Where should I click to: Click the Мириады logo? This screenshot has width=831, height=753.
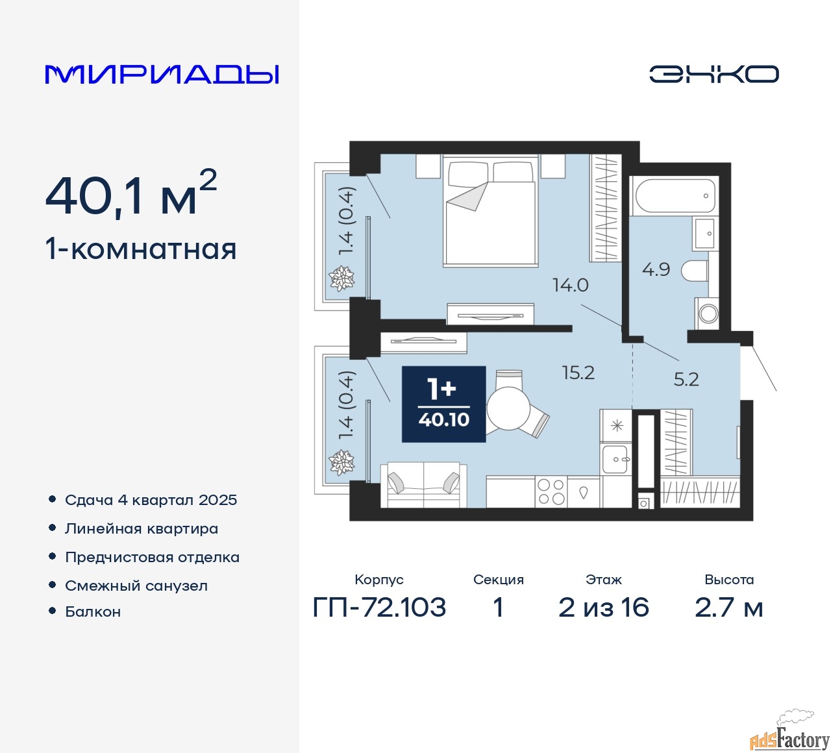click(x=162, y=75)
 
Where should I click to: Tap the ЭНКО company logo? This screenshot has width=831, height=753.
click(x=713, y=74)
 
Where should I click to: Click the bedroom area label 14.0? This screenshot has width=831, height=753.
click(x=571, y=285)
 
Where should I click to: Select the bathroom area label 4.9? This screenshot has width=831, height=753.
click(x=656, y=269)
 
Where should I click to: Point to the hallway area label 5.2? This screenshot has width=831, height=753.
click(x=686, y=379)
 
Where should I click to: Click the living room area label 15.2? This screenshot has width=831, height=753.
click(x=578, y=373)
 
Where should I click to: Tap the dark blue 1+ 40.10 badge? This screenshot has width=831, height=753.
click(x=443, y=404)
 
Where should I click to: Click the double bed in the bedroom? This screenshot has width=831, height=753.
click(x=490, y=210)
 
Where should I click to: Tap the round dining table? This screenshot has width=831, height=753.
click(x=508, y=408)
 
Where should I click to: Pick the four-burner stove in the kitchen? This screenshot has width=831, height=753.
click(x=551, y=493)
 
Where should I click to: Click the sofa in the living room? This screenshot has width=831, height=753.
click(x=423, y=485)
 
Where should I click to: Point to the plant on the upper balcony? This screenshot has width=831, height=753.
click(x=341, y=278)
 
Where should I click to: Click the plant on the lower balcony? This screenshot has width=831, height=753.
click(x=341, y=462)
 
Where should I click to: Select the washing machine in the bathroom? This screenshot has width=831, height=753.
click(x=708, y=314)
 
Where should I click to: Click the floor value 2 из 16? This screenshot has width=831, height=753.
click(x=604, y=608)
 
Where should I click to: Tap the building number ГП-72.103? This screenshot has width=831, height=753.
click(x=379, y=608)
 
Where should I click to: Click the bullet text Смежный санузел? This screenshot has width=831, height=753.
click(x=136, y=586)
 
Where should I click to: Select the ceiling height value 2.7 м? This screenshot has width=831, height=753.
click(x=728, y=608)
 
